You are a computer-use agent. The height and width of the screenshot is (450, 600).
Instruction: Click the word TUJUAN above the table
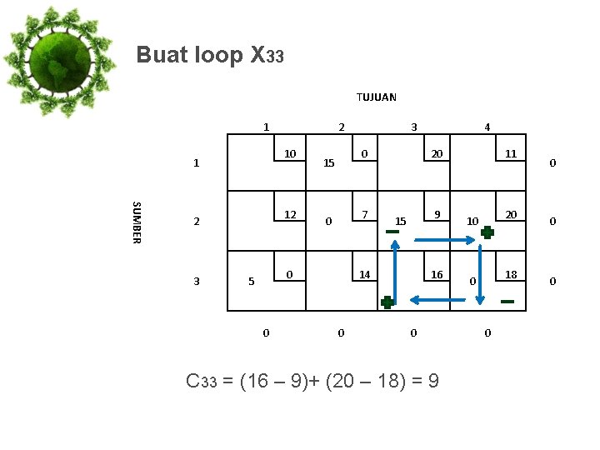(377, 97)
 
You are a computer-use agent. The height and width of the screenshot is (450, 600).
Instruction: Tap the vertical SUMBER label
(137, 222)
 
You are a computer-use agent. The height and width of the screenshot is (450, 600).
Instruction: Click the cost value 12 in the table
(290, 214)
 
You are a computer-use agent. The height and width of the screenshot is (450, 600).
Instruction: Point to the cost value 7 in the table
(364, 215)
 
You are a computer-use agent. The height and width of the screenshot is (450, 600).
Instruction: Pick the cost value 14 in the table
(364, 274)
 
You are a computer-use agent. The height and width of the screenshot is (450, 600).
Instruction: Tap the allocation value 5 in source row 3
(251, 282)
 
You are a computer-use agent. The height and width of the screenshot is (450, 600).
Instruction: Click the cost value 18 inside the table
(512, 274)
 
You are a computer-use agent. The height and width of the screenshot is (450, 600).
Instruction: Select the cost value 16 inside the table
(437, 274)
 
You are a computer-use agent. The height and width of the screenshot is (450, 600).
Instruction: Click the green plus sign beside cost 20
(487, 234)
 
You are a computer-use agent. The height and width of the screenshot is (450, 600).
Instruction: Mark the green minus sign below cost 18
(507, 301)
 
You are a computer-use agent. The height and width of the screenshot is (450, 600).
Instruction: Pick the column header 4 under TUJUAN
(487, 127)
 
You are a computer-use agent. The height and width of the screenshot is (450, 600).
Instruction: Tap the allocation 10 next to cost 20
(472, 222)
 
